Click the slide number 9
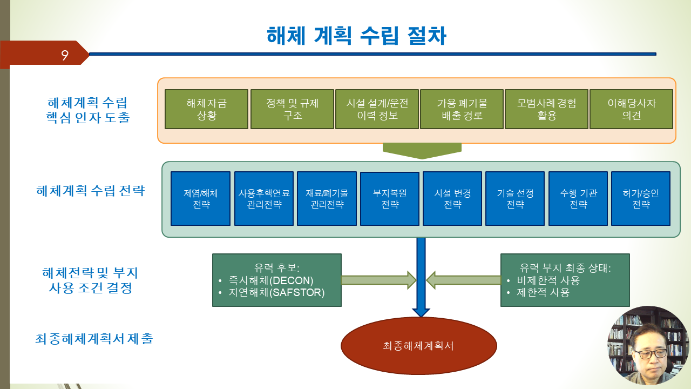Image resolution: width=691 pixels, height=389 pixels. tap(64, 55)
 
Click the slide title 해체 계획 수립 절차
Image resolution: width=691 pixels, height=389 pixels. tap(356, 36)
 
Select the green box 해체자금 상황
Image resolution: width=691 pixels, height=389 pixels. tap(206, 109)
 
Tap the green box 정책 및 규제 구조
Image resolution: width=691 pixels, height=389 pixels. tap(292, 109)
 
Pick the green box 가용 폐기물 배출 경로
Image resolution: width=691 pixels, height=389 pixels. tap(462, 109)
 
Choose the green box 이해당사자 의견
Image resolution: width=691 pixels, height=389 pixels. tap(631, 109)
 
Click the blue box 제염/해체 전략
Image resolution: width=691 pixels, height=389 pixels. tap(200, 198)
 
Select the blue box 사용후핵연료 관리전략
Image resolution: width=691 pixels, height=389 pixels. tap(264, 198)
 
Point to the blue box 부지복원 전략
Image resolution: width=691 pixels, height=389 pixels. tap(390, 198)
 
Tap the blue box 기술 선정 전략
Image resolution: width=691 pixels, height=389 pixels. tap(515, 198)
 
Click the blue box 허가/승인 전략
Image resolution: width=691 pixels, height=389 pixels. tap(641, 198)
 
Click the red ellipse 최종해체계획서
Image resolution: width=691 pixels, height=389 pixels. tap(418, 346)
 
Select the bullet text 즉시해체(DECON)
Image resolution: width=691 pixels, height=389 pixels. tap(271, 280)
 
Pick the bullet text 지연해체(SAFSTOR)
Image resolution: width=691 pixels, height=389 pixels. tap(276, 292)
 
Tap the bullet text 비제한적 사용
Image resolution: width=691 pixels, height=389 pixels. tap(548, 280)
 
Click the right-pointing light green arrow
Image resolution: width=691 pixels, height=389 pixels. tap(379, 280)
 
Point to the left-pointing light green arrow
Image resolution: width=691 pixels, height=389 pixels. tap(463, 280)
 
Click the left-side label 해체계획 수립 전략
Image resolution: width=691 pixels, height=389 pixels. tap(90, 191)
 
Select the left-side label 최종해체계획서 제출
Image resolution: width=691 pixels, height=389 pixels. tap(94, 339)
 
